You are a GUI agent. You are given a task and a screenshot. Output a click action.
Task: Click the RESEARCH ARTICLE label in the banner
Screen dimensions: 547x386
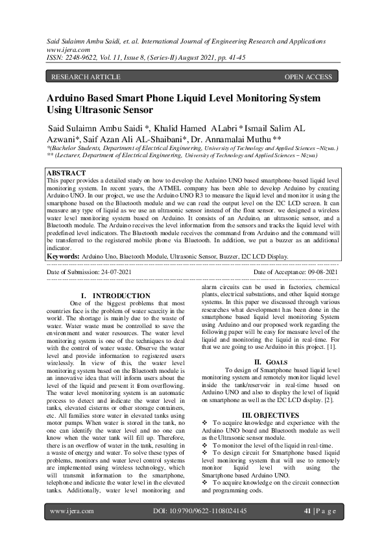tap(86, 77)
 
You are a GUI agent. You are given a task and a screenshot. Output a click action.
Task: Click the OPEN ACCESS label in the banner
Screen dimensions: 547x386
tap(308, 77)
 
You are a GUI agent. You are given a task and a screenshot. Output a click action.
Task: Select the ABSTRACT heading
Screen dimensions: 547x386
tap(67, 173)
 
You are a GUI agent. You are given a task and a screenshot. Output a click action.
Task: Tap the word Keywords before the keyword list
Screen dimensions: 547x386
tap(63, 256)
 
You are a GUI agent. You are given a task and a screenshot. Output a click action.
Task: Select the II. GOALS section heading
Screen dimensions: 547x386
tap(266, 361)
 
